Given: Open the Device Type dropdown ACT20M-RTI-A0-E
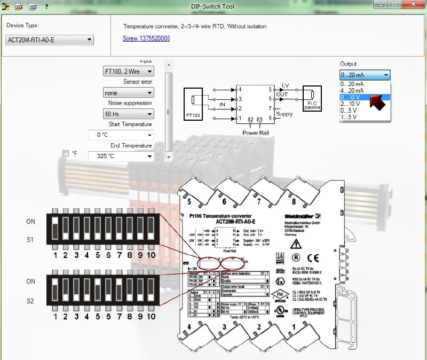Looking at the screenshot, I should coord(50,40).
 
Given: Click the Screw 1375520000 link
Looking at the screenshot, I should coord(146,38).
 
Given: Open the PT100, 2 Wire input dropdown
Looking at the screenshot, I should coord(128,71).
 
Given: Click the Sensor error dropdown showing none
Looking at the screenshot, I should coord(128,92).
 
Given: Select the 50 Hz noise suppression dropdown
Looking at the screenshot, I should coord(128,114).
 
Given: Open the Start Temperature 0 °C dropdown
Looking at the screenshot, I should coord(121,135).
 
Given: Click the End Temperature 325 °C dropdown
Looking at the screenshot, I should coord(121,156).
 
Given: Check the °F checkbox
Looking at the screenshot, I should coord(66,153).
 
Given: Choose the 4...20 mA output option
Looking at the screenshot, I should coord(352,91).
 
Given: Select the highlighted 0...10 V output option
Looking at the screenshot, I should coord(352,97).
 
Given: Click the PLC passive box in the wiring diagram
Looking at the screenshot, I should coord(312,99).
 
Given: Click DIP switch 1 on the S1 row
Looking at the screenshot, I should coord(54,228).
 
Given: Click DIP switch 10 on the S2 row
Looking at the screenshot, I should coord(151,289).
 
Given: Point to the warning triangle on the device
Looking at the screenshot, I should coord(296,244).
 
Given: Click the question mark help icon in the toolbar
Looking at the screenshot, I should coord(46,6).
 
